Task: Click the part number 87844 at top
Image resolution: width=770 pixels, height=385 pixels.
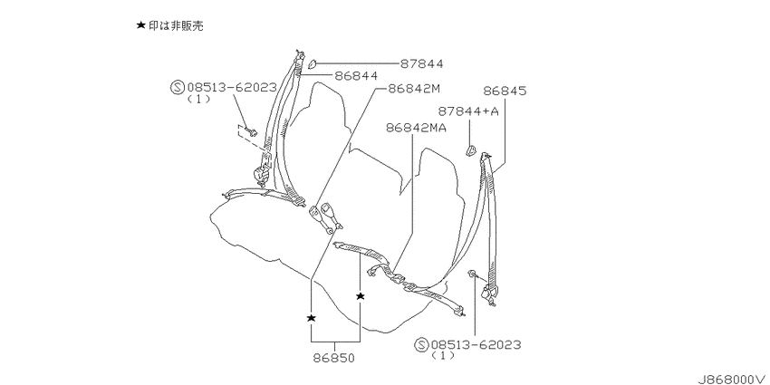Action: (x=421, y=63)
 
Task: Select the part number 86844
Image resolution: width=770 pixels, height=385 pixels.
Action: (x=356, y=75)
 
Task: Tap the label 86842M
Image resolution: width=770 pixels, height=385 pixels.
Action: (x=414, y=89)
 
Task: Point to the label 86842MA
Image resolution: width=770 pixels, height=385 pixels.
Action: (x=416, y=128)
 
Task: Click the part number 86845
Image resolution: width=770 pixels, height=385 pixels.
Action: (x=505, y=91)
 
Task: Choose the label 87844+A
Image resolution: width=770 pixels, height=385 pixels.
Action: (x=468, y=111)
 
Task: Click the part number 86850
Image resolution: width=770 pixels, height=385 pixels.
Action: (x=333, y=359)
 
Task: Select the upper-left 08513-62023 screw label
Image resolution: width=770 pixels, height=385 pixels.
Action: (x=231, y=88)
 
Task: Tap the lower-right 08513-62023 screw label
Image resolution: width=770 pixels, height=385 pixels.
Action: (x=476, y=345)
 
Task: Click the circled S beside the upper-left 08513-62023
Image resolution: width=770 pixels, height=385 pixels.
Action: (x=177, y=88)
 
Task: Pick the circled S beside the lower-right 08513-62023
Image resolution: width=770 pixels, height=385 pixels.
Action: (x=421, y=345)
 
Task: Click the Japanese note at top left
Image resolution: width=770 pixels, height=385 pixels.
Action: (x=169, y=25)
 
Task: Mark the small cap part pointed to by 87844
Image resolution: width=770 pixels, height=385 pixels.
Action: (x=312, y=63)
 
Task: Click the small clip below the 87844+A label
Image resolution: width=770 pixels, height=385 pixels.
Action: (x=470, y=150)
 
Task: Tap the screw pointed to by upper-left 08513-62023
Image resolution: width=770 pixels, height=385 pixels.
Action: (x=253, y=131)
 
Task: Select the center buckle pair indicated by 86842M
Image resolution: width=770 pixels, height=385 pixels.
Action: (x=325, y=217)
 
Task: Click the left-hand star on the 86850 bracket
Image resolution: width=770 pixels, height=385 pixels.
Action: (x=311, y=318)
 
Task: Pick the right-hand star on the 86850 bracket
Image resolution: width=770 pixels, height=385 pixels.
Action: (x=361, y=295)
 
